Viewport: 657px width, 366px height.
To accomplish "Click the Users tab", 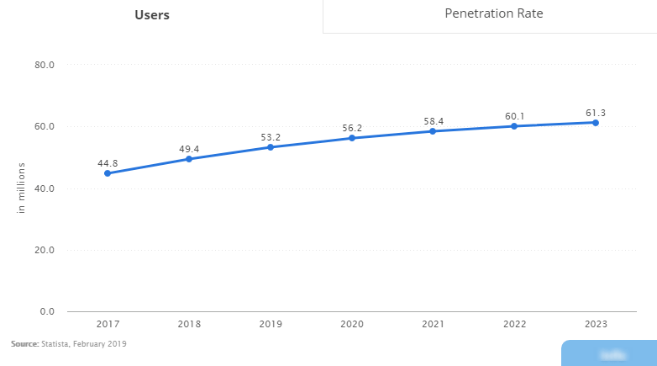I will [152, 15].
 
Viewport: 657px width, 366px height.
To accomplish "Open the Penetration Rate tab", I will [494, 13].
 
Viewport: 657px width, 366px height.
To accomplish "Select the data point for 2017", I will [108, 173].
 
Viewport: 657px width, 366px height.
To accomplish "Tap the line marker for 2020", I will [352, 138].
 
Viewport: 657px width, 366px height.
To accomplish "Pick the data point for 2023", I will [596, 123].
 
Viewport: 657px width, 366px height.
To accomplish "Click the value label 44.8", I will [108, 163].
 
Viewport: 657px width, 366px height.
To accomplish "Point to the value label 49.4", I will [188, 149].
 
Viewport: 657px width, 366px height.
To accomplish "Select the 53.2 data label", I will [271, 137].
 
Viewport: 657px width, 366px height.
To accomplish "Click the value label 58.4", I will [434, 121].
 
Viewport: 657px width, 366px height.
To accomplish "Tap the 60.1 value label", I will [514, 116].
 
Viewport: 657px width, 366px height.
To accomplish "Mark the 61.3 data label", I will [596, 113].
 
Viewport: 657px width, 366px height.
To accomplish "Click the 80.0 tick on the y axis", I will [44, 65].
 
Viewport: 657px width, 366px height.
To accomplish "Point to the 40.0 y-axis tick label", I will [44, 188].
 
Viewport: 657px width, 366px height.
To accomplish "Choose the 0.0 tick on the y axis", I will [47, 312].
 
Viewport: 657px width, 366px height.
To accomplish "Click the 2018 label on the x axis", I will [189, 324].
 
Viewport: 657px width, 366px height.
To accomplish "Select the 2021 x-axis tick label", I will [434, 324].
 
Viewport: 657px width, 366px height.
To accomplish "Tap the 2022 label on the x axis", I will [514, 324].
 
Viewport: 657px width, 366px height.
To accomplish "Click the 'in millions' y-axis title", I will [22, 188].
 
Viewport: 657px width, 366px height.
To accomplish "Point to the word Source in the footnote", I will [24, 344].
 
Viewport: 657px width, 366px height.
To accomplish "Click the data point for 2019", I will [271, 147].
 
